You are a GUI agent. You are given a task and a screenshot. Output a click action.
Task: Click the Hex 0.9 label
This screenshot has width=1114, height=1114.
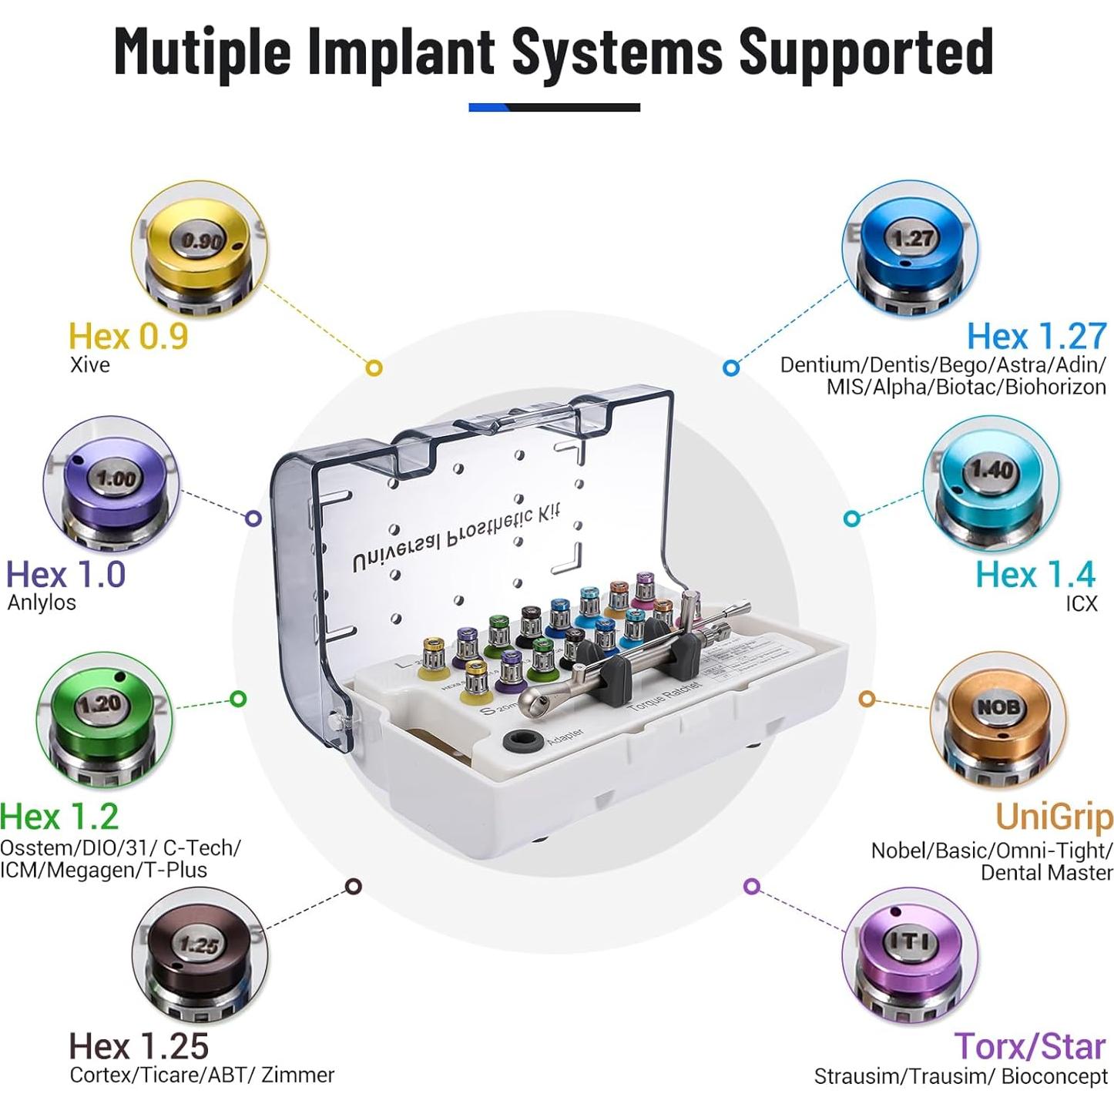click(128, 337)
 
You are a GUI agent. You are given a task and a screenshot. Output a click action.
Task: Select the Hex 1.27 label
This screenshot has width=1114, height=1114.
click(1036, 337)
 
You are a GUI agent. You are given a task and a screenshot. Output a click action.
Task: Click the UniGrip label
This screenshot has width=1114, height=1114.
click(1053, 817)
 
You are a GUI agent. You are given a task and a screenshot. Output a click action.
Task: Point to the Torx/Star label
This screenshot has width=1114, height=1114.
click(1030, 1046)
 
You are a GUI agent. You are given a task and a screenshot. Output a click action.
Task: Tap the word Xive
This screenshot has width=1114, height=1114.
click(90, 364)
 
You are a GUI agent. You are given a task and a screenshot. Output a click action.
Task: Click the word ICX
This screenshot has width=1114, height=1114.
click(1081, 603)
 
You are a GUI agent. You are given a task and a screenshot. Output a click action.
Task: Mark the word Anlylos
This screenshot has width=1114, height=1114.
click(42, 602)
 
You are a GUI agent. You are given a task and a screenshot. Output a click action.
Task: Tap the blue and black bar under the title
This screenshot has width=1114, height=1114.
click(554, 108)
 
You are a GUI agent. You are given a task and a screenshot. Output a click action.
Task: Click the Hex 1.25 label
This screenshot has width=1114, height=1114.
click(139, 1046)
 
